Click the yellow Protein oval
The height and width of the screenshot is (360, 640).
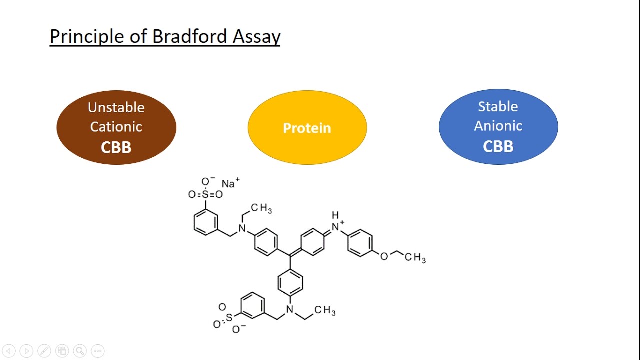(307, 128)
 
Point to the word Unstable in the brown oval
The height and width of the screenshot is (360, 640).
(116, 107)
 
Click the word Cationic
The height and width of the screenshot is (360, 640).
(116, 127)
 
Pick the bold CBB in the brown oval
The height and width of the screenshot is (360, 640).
(116, 147)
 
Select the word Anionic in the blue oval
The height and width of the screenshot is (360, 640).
(498, 126)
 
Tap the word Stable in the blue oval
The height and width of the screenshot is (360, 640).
(498, 106)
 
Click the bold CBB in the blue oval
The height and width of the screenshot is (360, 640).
(498, 146)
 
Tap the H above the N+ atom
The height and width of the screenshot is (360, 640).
(335, 215)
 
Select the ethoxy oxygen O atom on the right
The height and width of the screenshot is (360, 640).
(384, 257)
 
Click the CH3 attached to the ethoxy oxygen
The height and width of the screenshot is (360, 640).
(415, 257)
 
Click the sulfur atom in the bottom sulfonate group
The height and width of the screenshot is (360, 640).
(229, 317)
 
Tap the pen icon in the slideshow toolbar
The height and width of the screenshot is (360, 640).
(44, 351)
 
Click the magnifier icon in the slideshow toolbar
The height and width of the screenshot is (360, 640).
(80, 351)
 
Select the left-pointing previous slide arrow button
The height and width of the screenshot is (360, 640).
(9, 351)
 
